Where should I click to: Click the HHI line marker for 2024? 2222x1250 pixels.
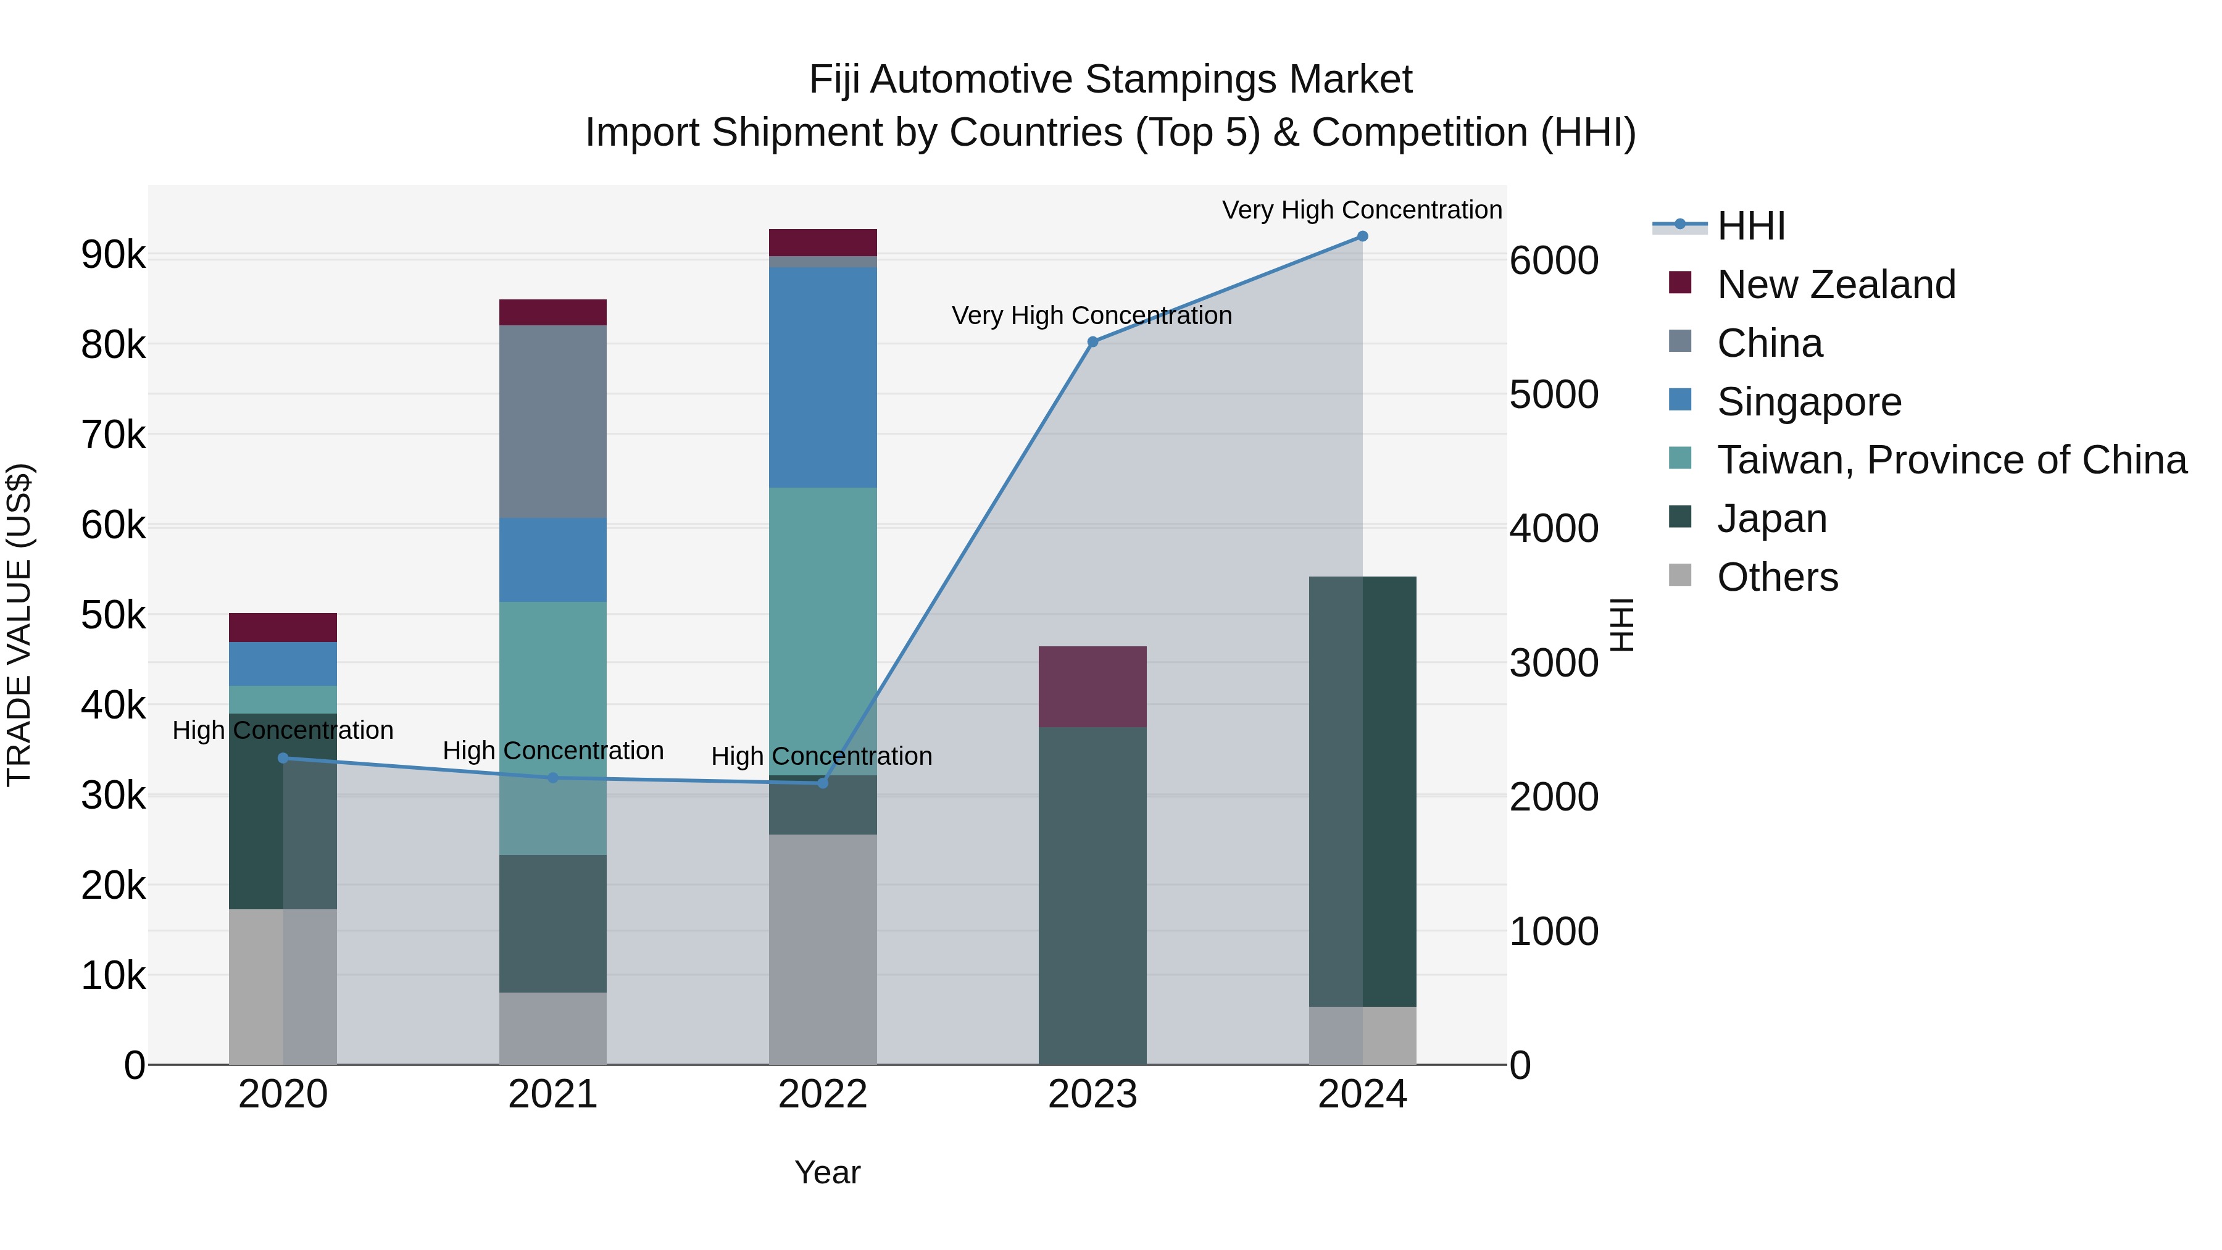1362,236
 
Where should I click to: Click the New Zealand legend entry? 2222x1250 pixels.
1836,285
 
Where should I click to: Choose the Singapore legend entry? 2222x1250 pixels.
1809,402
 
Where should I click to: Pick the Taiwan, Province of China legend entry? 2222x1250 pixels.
1951,460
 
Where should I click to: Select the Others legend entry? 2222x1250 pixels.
1777,577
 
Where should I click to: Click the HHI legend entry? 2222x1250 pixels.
1750,226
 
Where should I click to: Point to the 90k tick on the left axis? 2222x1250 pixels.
113,256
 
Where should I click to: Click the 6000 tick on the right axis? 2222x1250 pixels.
1554,260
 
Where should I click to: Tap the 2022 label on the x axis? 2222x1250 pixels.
822,1094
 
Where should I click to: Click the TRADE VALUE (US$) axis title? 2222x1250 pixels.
19,625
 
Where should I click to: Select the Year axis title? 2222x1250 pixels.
826,1172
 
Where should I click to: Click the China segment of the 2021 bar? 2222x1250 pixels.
553,421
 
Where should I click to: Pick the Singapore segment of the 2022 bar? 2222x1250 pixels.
822,377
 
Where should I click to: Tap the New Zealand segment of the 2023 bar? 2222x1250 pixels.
1092,686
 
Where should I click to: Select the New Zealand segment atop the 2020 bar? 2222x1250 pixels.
283,627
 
